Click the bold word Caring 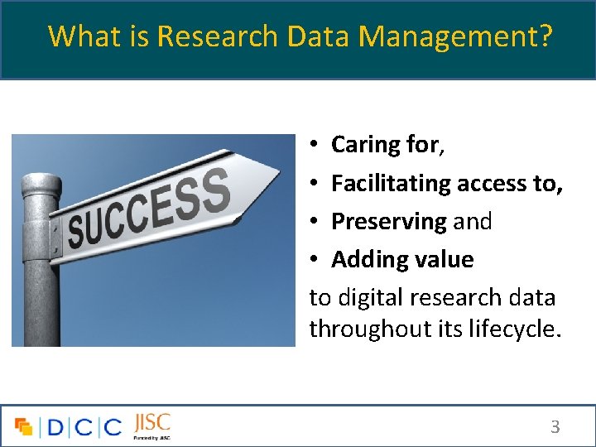[367, 146]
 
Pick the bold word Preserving [389, 222]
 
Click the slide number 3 [555, 427]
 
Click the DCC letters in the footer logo [83, 427]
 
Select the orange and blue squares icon [23, 427]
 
